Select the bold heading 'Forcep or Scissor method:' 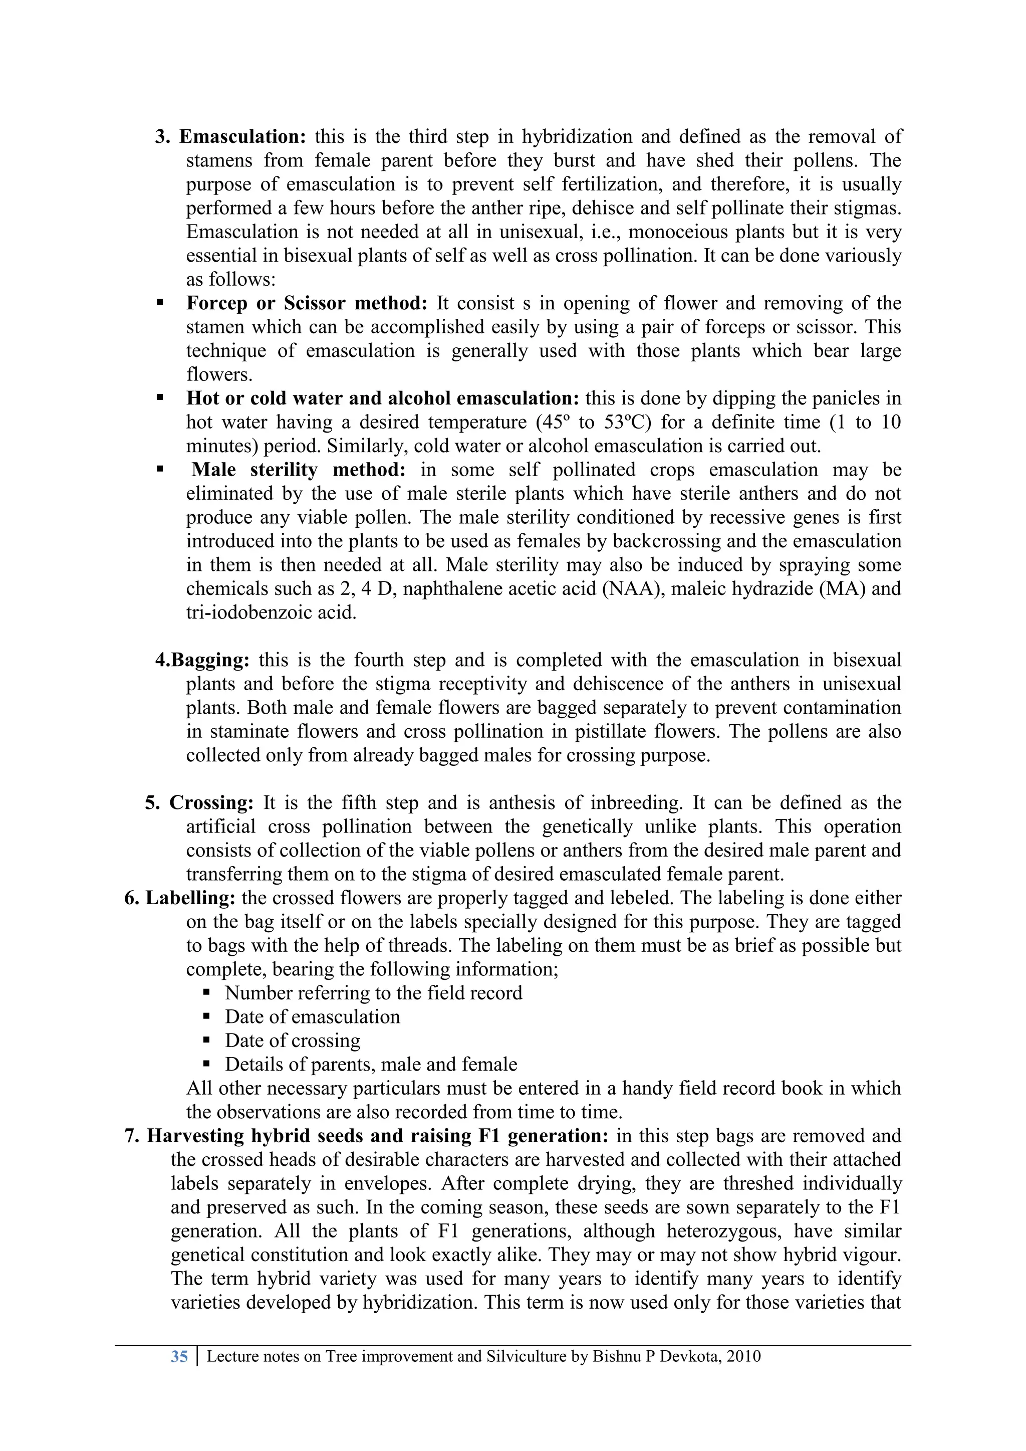tap(307, 303)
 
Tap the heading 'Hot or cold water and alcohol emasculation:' tap(382, 399)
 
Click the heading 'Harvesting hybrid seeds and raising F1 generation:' tap(377, 1136)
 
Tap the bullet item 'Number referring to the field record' tap(373, 993)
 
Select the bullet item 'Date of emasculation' tap(312, 1017)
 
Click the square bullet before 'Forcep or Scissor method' tap(160, 303)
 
